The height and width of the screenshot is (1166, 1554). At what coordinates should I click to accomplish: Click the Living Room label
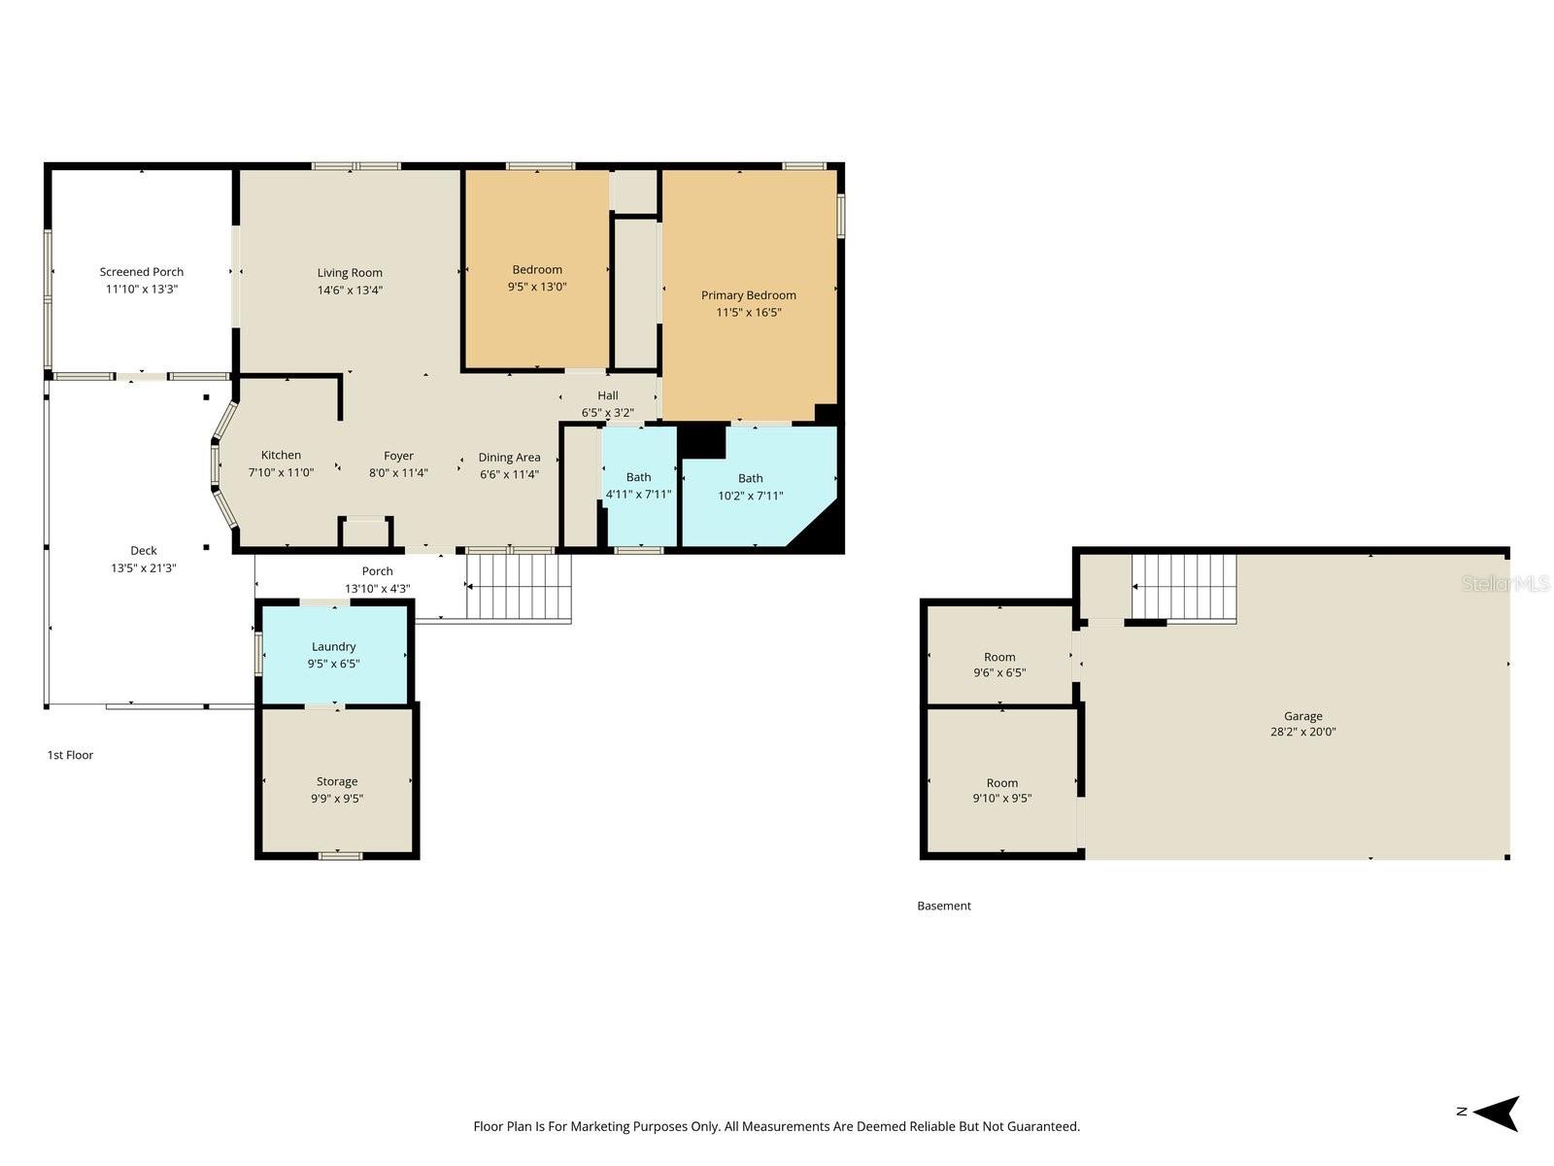350,273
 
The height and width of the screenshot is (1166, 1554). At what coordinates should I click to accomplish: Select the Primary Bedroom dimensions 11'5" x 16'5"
748,313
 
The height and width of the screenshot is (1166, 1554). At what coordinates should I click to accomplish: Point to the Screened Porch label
142,272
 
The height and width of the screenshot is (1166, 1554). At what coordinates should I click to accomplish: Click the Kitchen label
281,455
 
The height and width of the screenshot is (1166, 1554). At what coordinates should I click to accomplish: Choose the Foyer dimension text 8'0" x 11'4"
398,473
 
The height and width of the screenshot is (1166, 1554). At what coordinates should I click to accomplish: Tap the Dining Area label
509,458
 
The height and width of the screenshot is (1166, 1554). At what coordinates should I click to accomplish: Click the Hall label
608,395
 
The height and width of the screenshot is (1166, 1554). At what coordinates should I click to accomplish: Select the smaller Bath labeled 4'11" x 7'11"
639,485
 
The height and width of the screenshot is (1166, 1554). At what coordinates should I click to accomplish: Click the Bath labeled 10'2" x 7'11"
750,486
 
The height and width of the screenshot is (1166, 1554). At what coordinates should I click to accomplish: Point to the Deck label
144,551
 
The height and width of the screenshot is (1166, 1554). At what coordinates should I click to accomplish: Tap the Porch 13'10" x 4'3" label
378,579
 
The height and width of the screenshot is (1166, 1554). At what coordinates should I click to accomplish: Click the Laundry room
334,654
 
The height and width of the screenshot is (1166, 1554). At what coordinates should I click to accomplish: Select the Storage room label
337,781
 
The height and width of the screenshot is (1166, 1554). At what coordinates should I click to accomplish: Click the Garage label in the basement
1302,716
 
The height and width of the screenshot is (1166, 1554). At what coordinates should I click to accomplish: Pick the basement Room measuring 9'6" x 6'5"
999,665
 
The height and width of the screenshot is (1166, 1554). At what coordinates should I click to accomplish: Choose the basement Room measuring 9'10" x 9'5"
1002,790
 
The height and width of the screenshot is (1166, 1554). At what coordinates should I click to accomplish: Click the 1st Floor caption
71,755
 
